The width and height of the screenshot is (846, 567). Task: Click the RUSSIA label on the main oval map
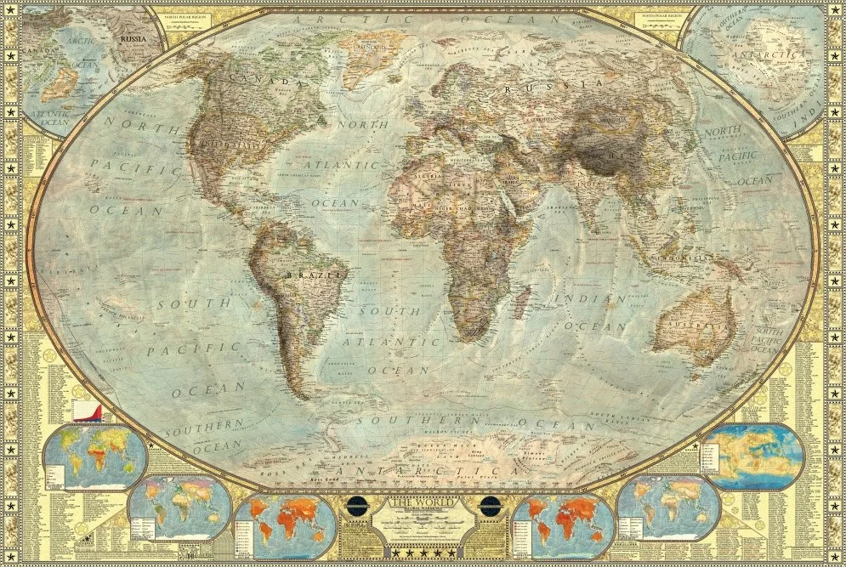pos(553,86)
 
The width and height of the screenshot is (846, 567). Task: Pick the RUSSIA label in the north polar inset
pos(133,38)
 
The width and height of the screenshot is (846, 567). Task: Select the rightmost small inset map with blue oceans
pos(753,457)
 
